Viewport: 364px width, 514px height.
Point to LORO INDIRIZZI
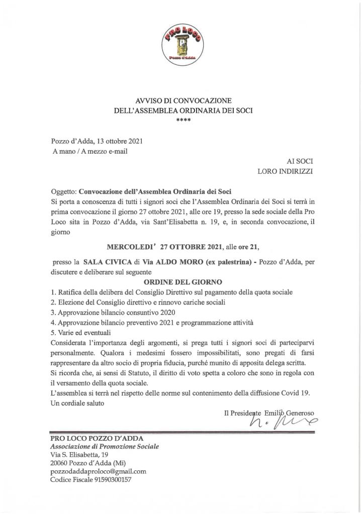[285, 171]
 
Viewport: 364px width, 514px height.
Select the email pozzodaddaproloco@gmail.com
[98, 471]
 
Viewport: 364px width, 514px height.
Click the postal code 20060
[60, 462]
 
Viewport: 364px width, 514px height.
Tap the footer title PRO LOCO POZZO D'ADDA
[97, 438]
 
